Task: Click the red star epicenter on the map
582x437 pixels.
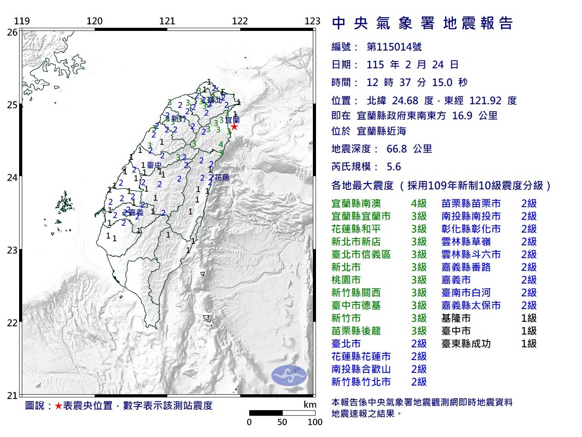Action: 234,127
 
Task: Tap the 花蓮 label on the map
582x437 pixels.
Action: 222,178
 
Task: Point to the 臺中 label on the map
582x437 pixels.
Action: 154,165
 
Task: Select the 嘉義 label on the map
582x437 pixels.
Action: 135,213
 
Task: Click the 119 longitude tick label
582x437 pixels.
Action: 22,21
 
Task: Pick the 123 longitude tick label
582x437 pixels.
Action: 312,21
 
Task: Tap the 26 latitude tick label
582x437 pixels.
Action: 12,32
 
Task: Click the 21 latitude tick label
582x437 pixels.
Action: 12,395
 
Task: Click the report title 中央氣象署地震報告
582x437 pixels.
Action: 423,23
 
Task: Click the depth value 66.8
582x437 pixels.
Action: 396,149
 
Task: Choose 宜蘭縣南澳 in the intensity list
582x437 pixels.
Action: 356,203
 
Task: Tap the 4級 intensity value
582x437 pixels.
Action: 419,203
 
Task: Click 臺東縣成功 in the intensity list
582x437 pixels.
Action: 466,344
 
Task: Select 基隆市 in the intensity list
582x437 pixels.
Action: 456,318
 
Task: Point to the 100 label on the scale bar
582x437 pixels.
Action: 315,422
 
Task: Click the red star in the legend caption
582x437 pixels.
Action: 58,406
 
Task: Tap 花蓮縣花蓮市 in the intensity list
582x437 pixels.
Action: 361,356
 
